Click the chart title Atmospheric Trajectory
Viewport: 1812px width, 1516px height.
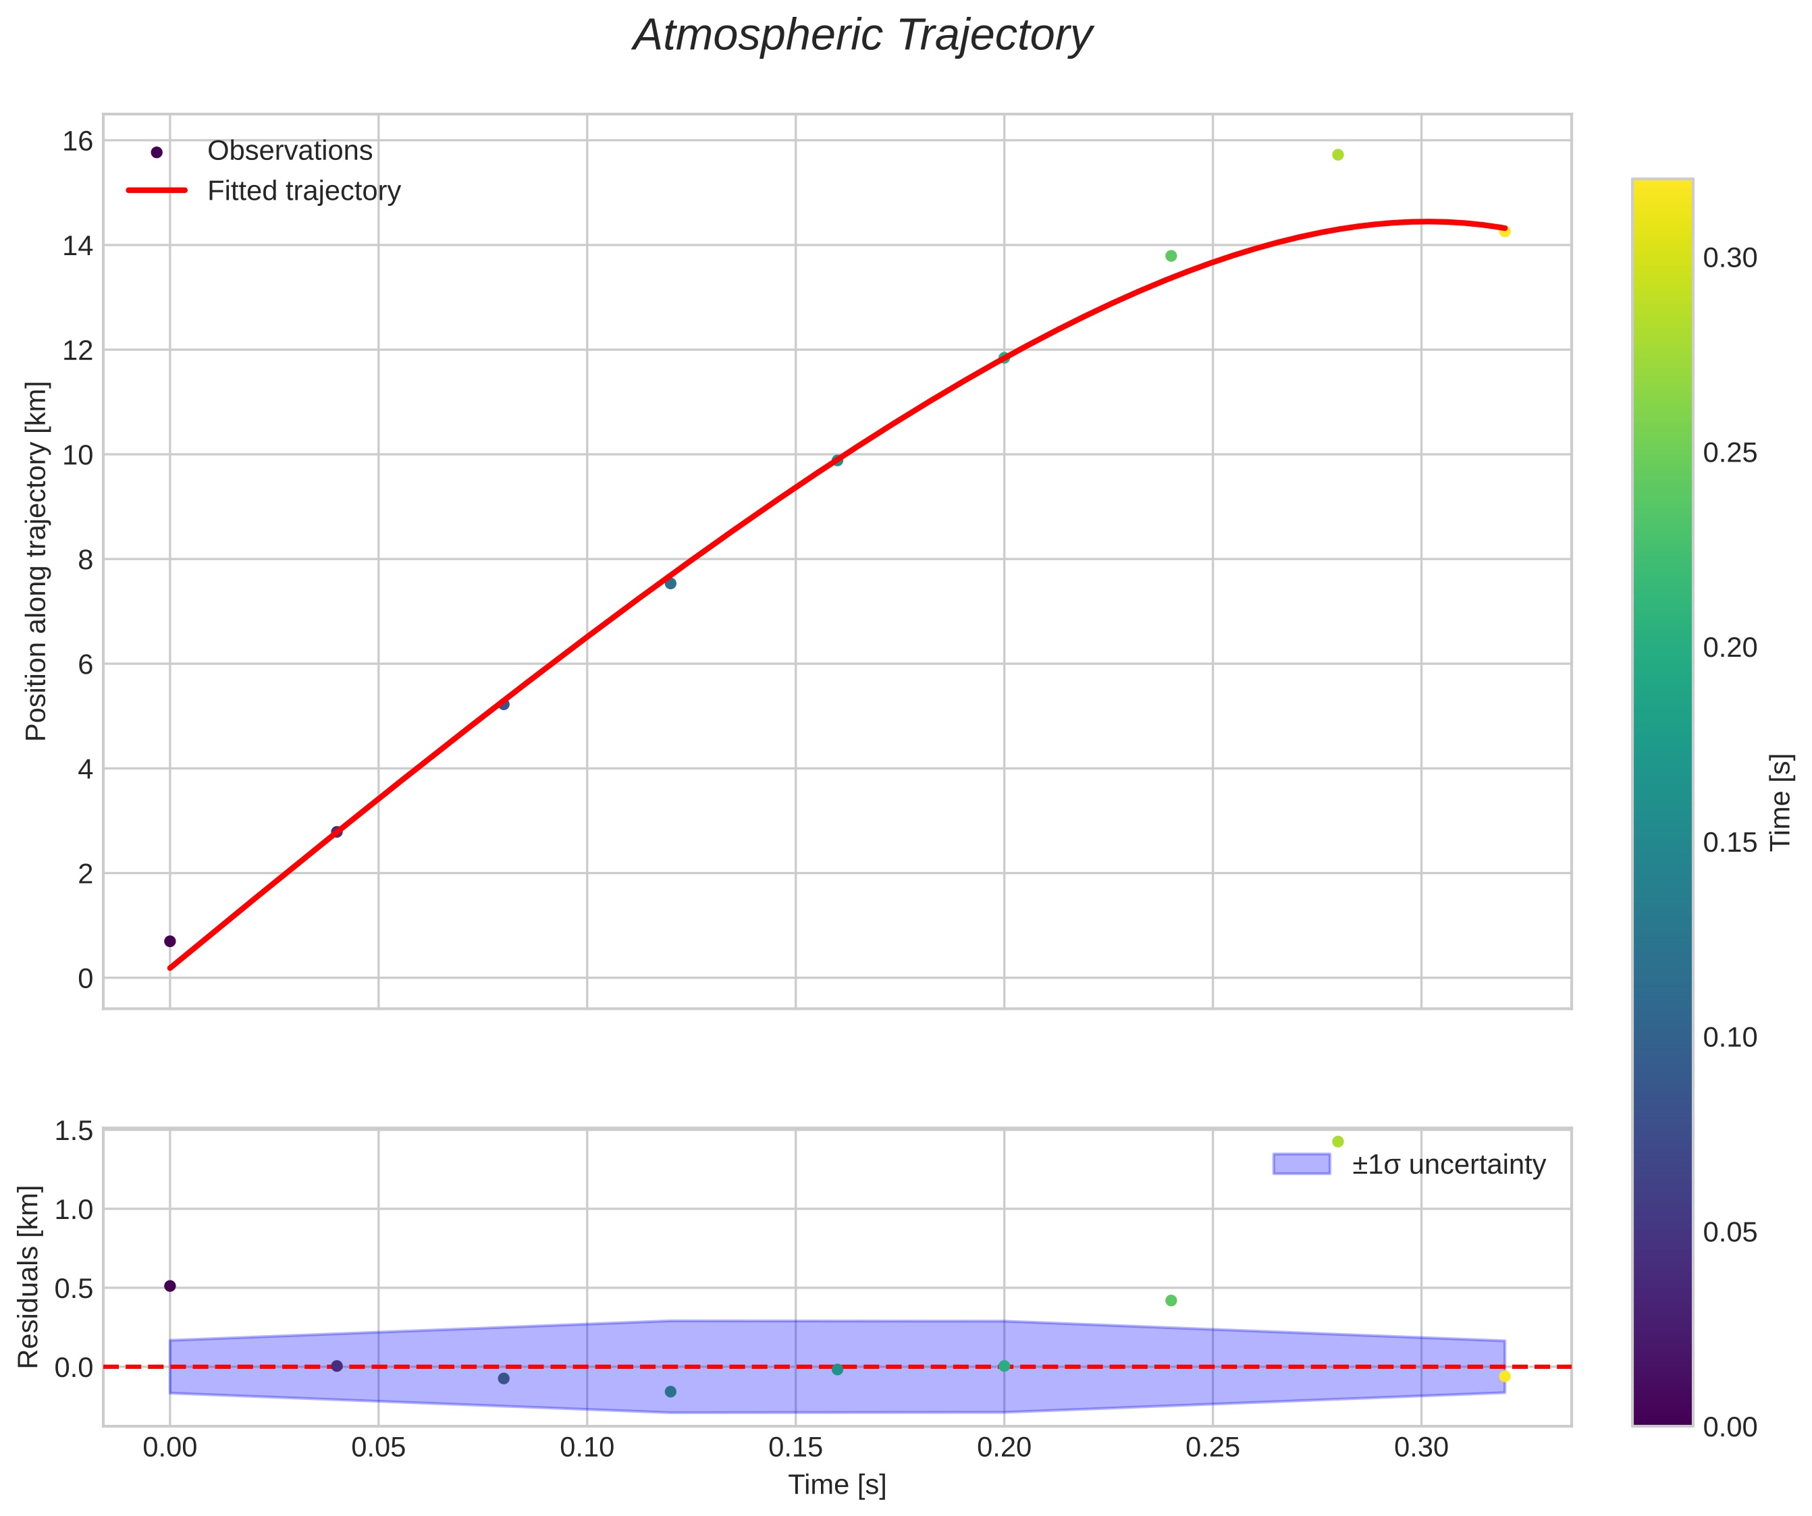tap(862, 36)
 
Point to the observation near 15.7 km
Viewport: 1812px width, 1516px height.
tap(1337, 155)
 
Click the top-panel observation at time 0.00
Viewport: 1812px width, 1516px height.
tap(170, 940)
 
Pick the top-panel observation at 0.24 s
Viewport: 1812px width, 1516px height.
tap(1171, 255)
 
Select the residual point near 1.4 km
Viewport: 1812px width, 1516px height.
tap(1337, 1141)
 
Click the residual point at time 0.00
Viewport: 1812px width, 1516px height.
tap(170, 1286)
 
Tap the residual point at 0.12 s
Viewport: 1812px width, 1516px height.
tap(670, 1392)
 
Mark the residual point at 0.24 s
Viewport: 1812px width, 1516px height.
tap(1171, 1300)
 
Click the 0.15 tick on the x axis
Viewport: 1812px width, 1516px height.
tap(795, 1448)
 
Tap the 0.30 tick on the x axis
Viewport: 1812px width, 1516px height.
tap(1421, 1448)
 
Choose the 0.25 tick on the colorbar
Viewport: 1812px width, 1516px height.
tap(1729, 453)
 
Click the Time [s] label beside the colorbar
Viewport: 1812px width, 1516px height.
tap(1780, 803)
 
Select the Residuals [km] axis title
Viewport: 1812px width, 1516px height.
tap(28, 1277)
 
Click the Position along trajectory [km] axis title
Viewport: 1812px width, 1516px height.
tap(36, 561)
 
